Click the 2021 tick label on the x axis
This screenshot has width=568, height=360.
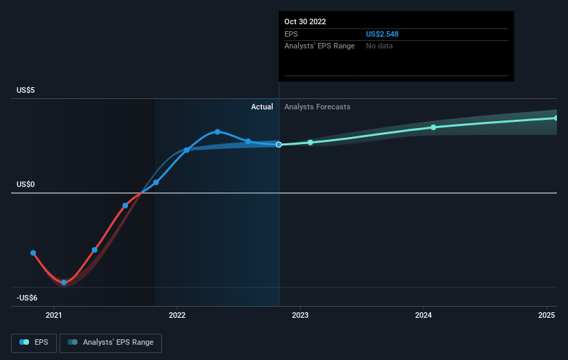(54, 315)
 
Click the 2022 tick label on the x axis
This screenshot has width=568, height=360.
(177, 315)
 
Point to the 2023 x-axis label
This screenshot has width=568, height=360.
(300, 315)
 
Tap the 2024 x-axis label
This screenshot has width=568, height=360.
(423, 315)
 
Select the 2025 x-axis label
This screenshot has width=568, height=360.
(547, 315)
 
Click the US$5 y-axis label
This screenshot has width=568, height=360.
(26, 90)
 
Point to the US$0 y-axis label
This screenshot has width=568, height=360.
(26, 184)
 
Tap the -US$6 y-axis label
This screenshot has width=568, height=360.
(28, 298)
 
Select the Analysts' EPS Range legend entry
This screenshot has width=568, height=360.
(111, 343)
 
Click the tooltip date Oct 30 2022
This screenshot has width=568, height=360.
(304, 21)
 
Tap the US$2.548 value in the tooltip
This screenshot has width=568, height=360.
(383, 33)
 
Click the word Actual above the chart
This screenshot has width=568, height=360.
(262, 107)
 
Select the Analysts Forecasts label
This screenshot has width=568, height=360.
(317, 107)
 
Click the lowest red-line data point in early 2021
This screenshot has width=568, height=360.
(64, 282)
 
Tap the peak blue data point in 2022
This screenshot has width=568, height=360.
(217, 132)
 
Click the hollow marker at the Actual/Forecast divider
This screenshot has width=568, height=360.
(279, 145)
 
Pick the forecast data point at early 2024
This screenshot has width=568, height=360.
(433, 127)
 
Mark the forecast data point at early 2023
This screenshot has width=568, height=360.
(310, 143)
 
